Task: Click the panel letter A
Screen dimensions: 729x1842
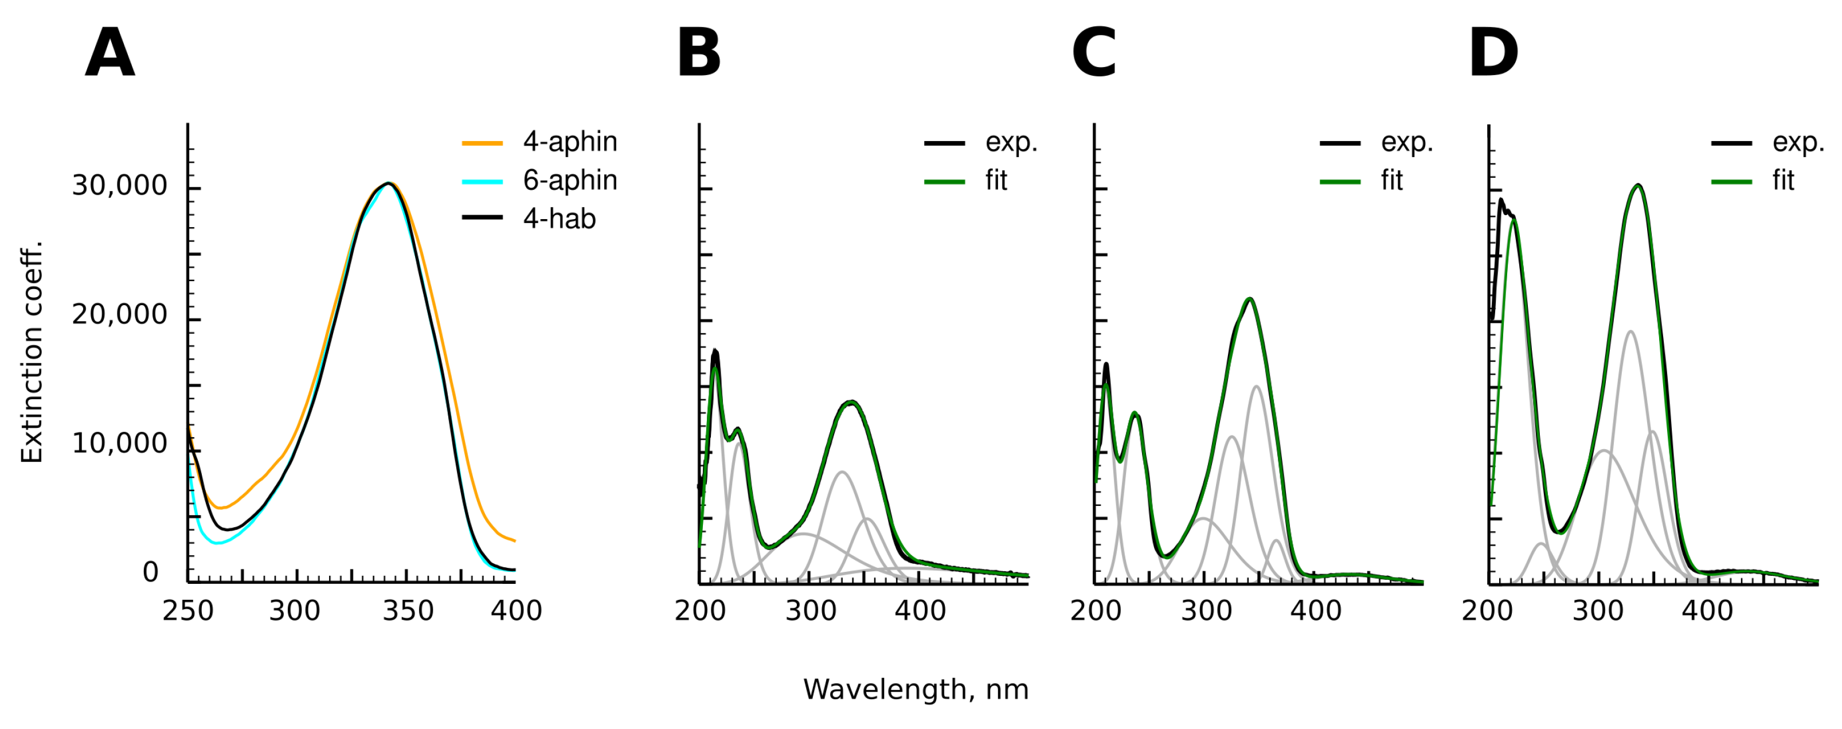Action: point(109,54)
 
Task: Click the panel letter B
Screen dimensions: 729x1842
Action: point(699,54)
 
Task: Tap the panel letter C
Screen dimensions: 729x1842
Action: point(1094,54)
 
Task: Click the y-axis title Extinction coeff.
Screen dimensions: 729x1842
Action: point(32,353)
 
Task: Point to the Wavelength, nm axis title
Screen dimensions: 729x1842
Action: point(916,689)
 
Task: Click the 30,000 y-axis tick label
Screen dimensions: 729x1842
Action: point(119,186)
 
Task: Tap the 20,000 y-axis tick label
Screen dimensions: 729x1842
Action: point(119,315)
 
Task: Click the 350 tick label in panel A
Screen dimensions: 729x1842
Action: point(408,611)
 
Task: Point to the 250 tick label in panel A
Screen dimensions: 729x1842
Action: point(188,611)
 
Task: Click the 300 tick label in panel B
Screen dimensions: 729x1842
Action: point(810,611)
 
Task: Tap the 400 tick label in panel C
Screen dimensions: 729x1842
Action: point(1316,611)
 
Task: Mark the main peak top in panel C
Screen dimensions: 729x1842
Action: point(1249,299)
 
